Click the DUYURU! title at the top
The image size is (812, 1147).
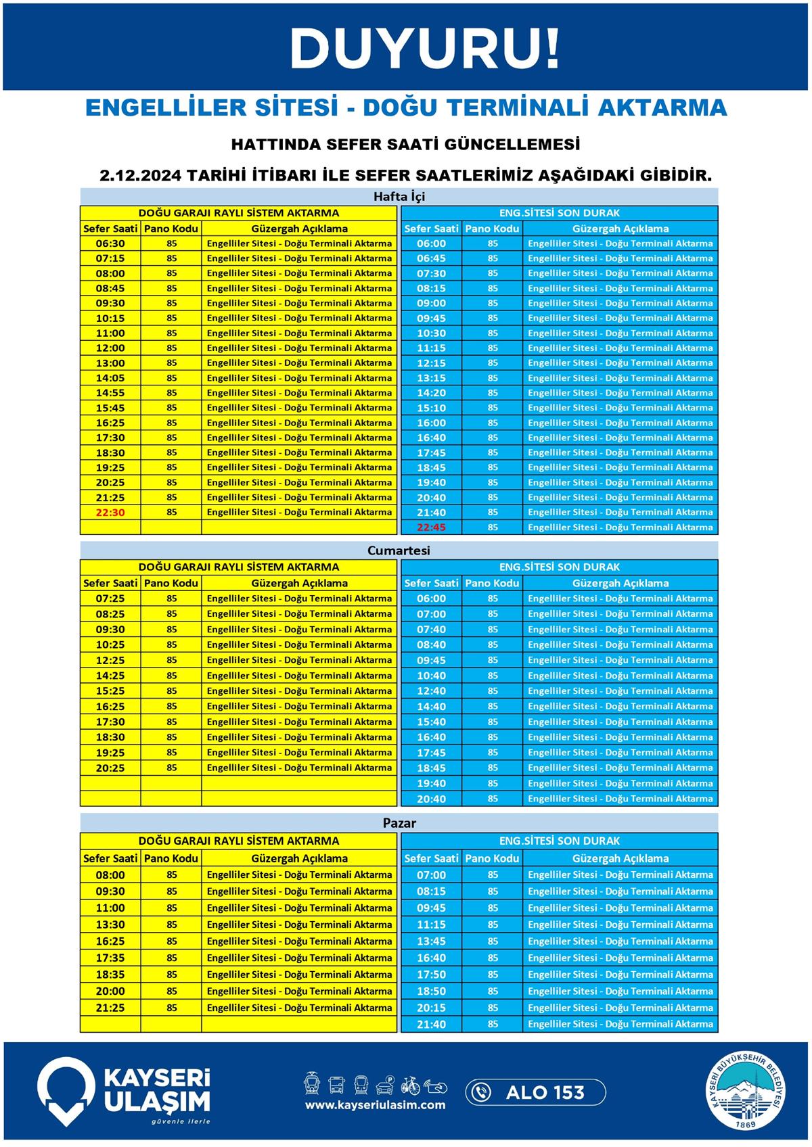click(425, 49)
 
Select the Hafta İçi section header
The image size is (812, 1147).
click(399, 197)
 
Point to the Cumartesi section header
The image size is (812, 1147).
click(399, 551)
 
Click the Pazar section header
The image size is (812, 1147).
click(399, 823)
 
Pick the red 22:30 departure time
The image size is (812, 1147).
click(110, 513)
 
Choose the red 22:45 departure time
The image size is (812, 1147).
click(431, 528)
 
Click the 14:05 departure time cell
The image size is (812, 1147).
click(110, 378)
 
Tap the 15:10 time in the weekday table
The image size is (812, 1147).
click(431, 408)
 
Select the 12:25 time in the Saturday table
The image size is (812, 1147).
click(110, 660)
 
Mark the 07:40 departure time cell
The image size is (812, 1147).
click(431, 630)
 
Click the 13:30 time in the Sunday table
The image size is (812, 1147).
click(110, 924)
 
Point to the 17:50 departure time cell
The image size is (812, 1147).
click(431, 975)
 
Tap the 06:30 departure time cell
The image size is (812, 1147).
click(110, 243)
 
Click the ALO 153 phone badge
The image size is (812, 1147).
click(535, 1092)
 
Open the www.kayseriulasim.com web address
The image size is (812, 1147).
click(375, 1105)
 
